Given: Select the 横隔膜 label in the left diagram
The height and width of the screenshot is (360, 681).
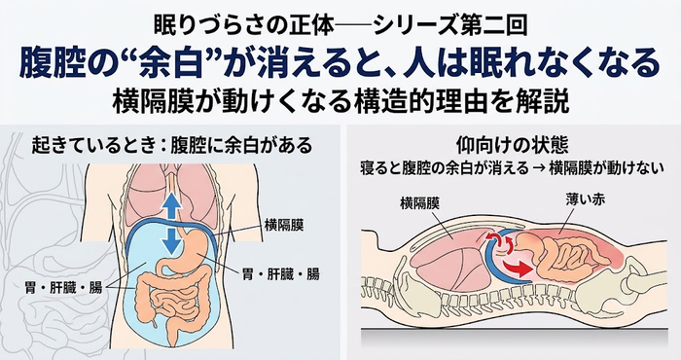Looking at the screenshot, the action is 284,225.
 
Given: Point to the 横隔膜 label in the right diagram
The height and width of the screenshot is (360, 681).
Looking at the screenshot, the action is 419,203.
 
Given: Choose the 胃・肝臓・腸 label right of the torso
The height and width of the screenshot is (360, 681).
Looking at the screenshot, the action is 281,274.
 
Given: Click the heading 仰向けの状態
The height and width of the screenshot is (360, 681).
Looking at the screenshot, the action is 513,146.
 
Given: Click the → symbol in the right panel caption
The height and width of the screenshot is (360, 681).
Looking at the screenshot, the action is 539,168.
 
